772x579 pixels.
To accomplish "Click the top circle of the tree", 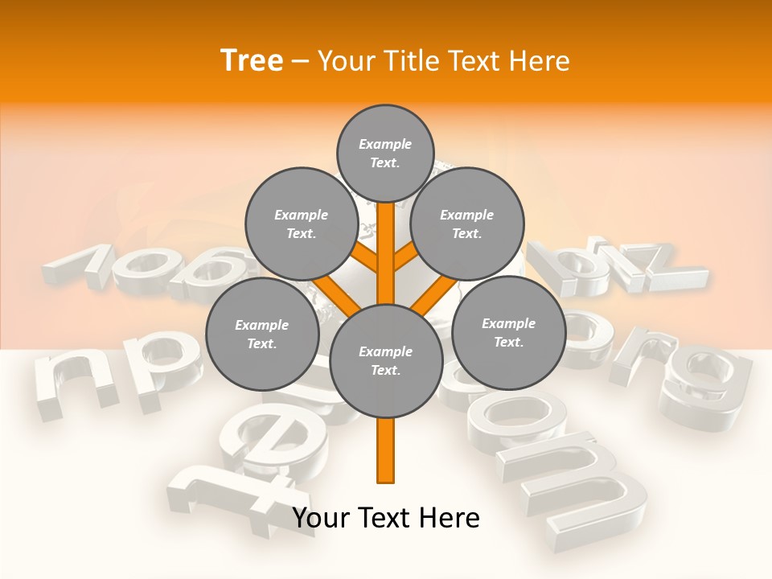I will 385,153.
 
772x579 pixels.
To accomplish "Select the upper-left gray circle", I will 301,224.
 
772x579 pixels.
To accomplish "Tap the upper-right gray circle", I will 466,224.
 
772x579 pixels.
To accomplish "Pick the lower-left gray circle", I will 261,334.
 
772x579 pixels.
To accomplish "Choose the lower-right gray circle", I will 508,332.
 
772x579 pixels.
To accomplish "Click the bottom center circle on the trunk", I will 385,360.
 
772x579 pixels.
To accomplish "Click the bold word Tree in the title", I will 252,60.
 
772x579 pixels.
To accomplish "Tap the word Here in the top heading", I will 539,60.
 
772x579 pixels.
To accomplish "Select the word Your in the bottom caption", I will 322,518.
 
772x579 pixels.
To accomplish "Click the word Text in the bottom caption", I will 383,518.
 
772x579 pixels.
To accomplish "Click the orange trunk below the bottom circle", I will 385,450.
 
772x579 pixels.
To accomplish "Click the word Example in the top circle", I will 385,144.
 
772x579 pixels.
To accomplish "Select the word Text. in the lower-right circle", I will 508,342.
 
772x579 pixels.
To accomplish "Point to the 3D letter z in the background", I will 659,265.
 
